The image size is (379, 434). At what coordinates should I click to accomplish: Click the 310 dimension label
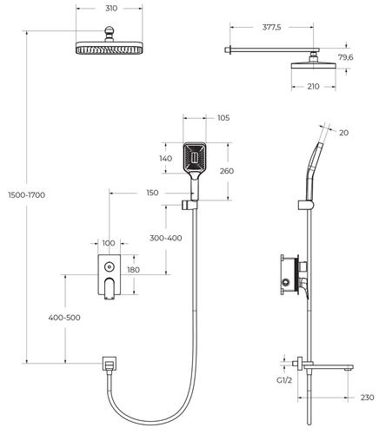tap(111, 9)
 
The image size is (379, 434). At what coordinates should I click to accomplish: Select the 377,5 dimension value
tap(271, 27)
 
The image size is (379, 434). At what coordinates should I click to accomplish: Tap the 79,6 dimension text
tap(345, 57)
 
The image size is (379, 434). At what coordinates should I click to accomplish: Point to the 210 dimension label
tap(313, 86)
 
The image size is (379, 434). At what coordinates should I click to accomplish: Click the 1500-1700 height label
tap(27, 195)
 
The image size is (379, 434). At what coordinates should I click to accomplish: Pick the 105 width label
tap(223, 118)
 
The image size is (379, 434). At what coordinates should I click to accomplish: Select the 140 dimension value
tap(165, 158)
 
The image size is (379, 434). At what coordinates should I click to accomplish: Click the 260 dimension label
tap(227, 171)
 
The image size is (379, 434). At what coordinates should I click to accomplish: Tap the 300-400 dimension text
tap(166, 238)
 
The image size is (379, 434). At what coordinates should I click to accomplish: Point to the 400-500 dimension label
tap(64, 318)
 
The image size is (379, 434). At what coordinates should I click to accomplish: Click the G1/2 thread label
tap(284, 380)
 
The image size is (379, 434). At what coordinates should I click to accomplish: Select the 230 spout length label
tap(367, 398)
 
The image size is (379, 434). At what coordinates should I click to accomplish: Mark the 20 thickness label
tap(343, 133)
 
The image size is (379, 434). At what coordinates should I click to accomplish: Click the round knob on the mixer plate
tap(109, 266)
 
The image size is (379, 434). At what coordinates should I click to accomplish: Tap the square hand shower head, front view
tap(195, 158)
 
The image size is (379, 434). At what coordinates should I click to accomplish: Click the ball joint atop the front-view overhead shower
tap(109, 32)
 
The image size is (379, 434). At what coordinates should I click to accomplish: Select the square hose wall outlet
tap(110, 363)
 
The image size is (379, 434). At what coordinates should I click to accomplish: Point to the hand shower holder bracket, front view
tap(189, 205)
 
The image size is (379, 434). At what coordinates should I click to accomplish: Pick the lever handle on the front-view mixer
tap(109, 288)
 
